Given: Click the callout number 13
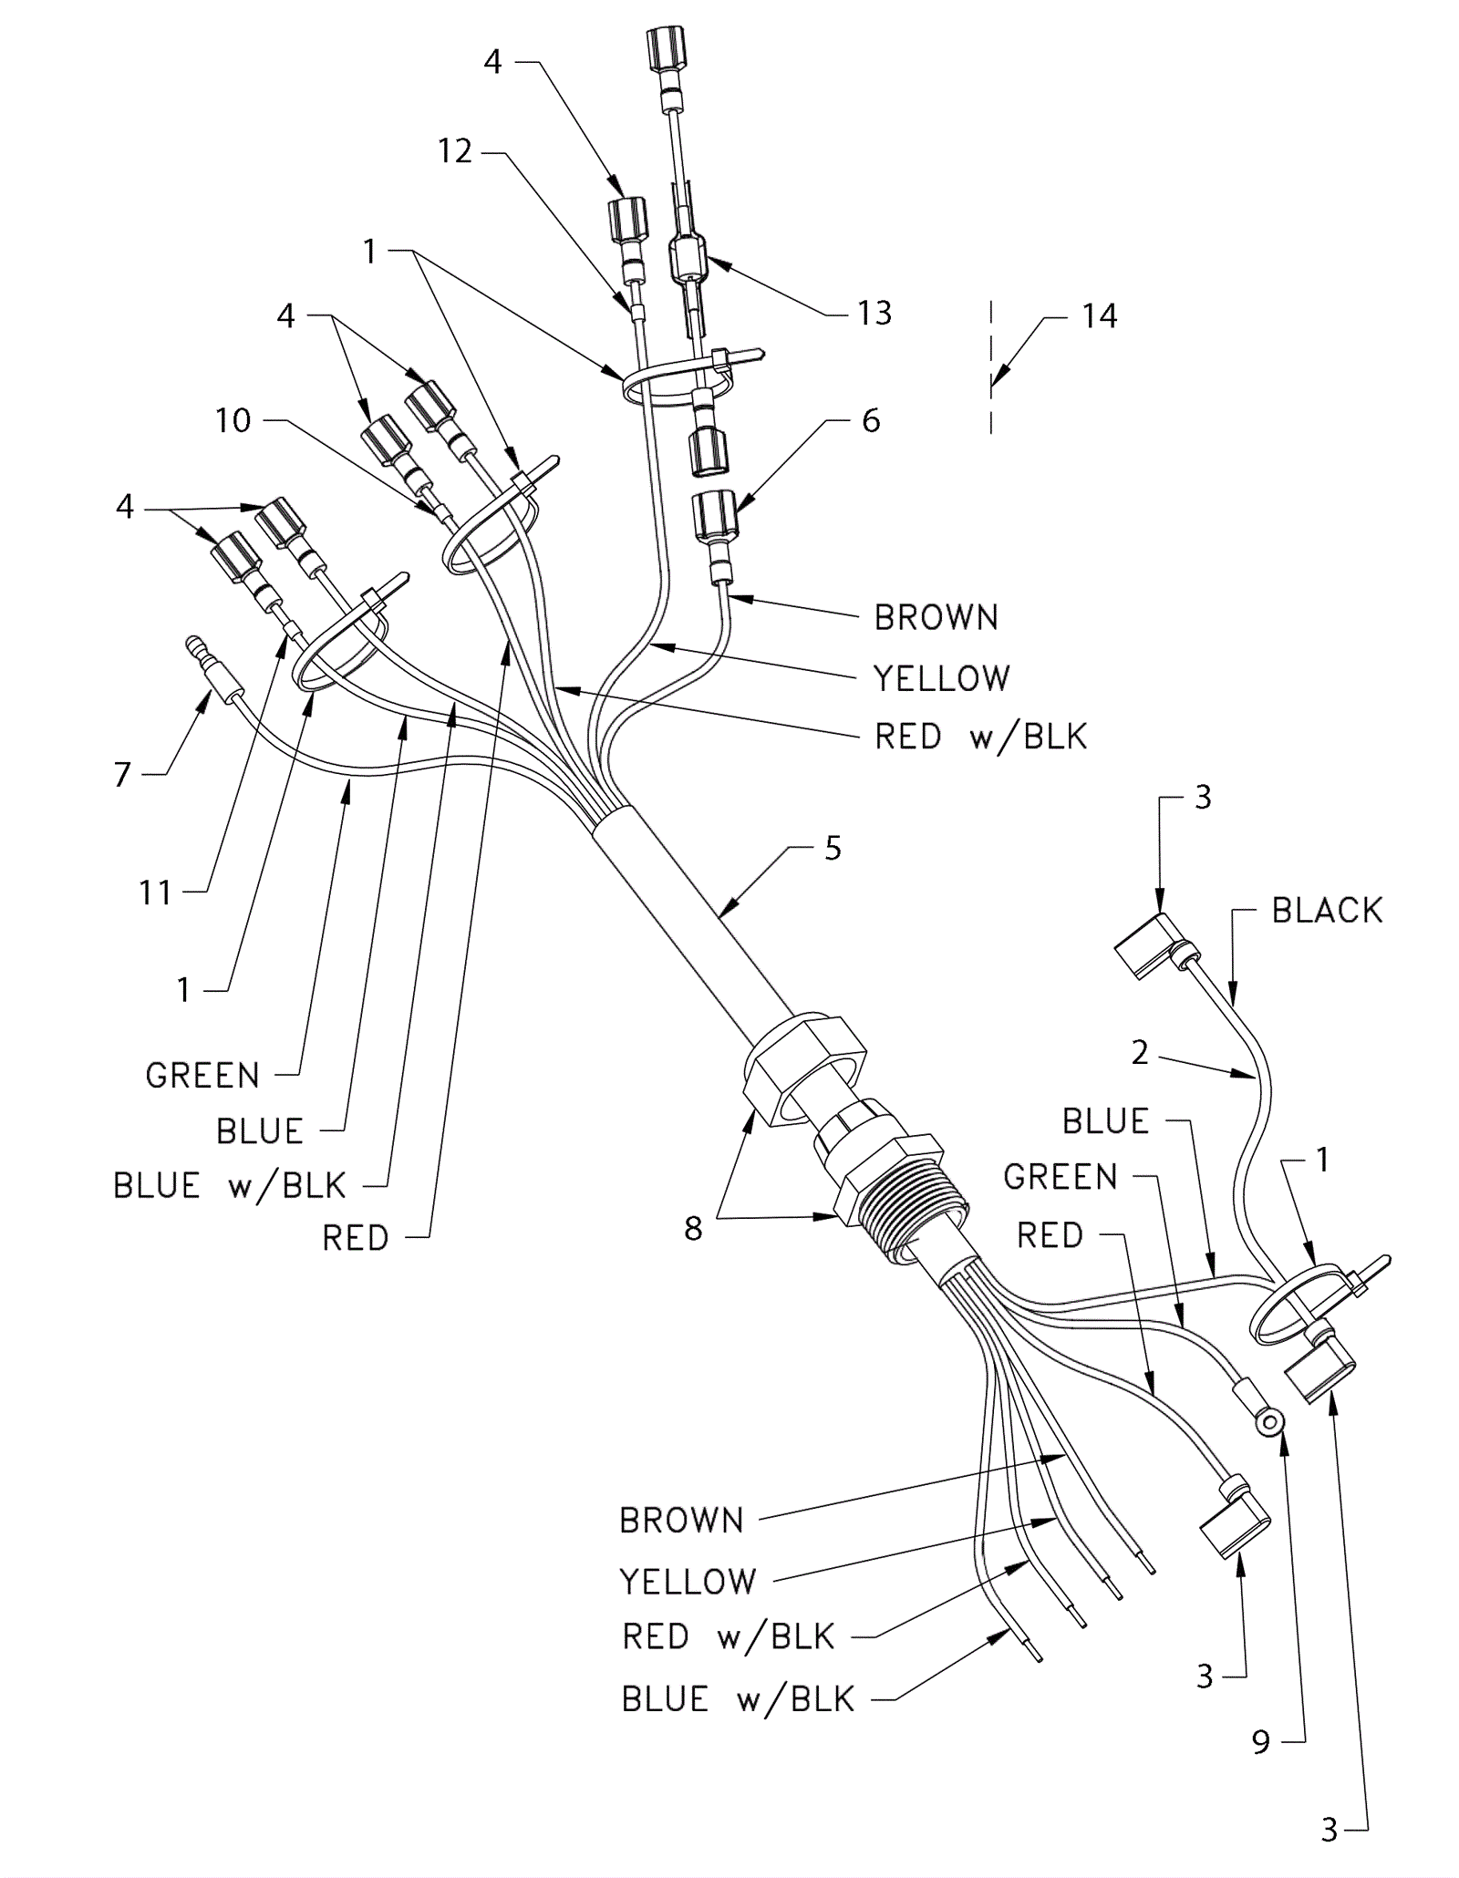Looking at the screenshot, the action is tap(874, 314).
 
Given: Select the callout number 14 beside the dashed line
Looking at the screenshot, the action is tap(1099, 316).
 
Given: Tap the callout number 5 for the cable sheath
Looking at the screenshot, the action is tap(833, 849).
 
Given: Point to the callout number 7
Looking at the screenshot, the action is tap(123, 774).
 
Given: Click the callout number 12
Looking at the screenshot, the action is tap(455, 151).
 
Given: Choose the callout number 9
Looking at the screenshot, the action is tap(1261, 1742).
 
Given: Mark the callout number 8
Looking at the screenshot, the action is tap(693, 1229).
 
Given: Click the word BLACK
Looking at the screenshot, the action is tap(1327, 910).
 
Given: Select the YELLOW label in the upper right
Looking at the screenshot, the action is tap(942, 678).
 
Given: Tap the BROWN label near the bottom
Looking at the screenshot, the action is tap(681, 1520).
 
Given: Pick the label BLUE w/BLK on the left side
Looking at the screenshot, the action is tap(230, 1186).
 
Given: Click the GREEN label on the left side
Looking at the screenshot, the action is tap(202, 1076).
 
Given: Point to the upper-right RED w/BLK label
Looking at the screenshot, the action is tap(981, 737).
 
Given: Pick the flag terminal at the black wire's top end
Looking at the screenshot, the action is tap(1149, 945).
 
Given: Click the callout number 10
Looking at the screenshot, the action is tap(233, 420).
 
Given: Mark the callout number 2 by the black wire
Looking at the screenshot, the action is tap(1140, 1053).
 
